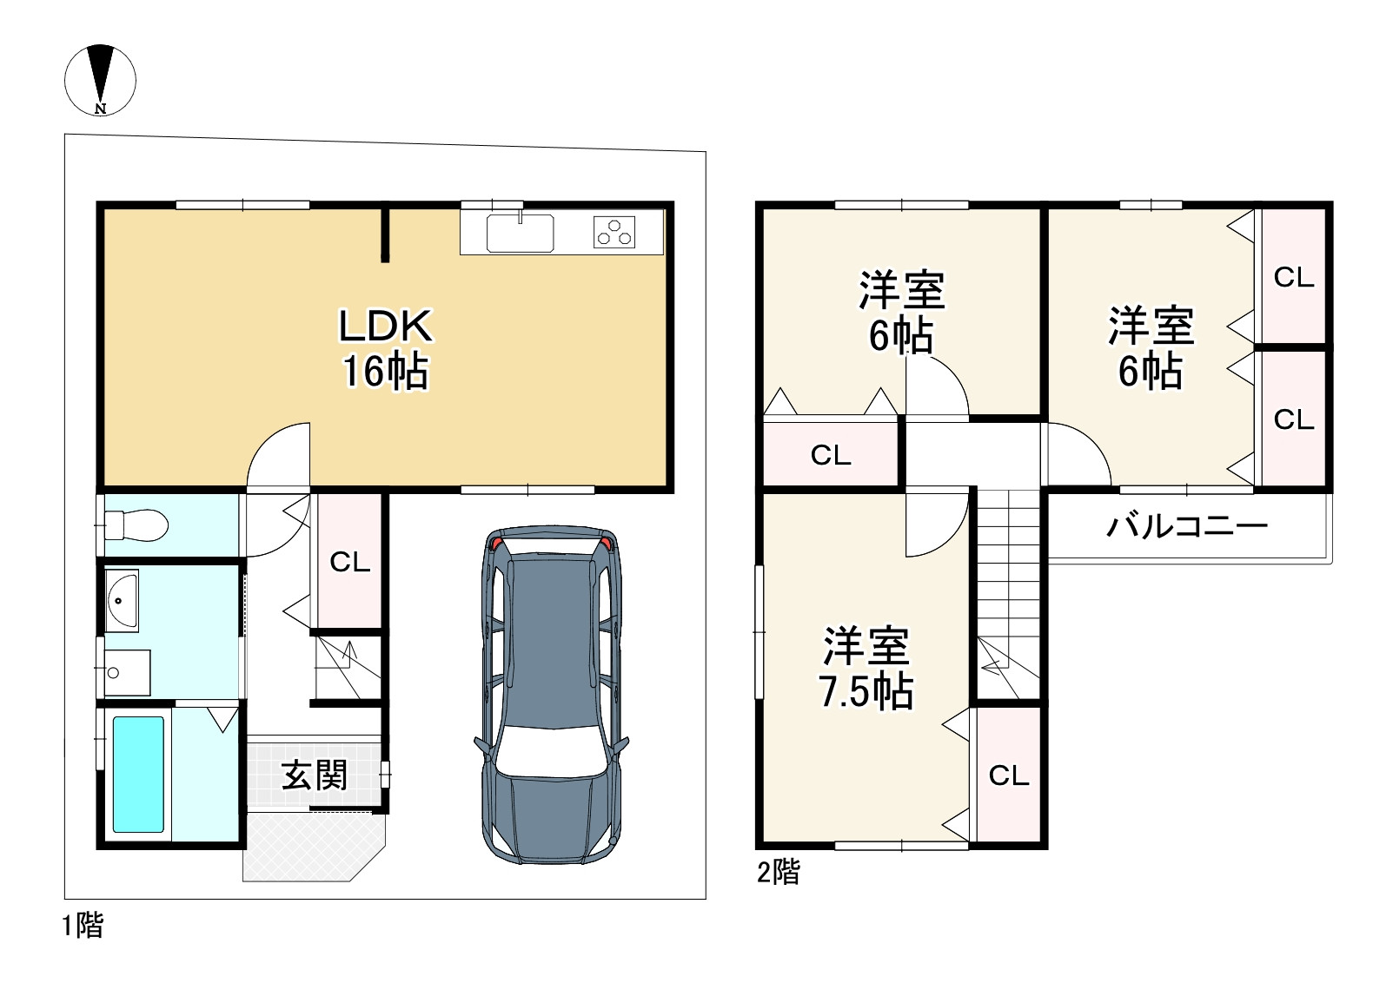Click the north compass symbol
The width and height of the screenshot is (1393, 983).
(100, 80)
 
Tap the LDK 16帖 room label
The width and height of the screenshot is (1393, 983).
(386, 348)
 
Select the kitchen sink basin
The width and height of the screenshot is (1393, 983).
(520, 234)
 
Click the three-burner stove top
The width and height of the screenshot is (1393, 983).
(614, 233)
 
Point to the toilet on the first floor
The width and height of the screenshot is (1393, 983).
(136, 525)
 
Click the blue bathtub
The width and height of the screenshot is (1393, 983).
(138, 775)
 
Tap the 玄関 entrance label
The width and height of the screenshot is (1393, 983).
(314, 775)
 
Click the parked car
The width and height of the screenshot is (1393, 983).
(552, 696)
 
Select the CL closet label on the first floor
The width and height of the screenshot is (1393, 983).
(349, 563)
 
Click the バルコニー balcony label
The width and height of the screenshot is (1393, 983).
(1187, 527)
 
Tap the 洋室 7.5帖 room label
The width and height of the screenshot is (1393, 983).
(866, 669)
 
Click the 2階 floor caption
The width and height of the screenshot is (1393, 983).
(778, 873)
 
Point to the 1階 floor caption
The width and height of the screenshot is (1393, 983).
(83, 926)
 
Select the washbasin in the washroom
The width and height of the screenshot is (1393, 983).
(122, 601)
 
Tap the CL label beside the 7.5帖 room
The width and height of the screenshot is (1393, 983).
(1009, 775)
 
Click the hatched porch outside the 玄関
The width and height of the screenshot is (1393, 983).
(313, 846)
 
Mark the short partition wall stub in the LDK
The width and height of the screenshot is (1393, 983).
(386, 235)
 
